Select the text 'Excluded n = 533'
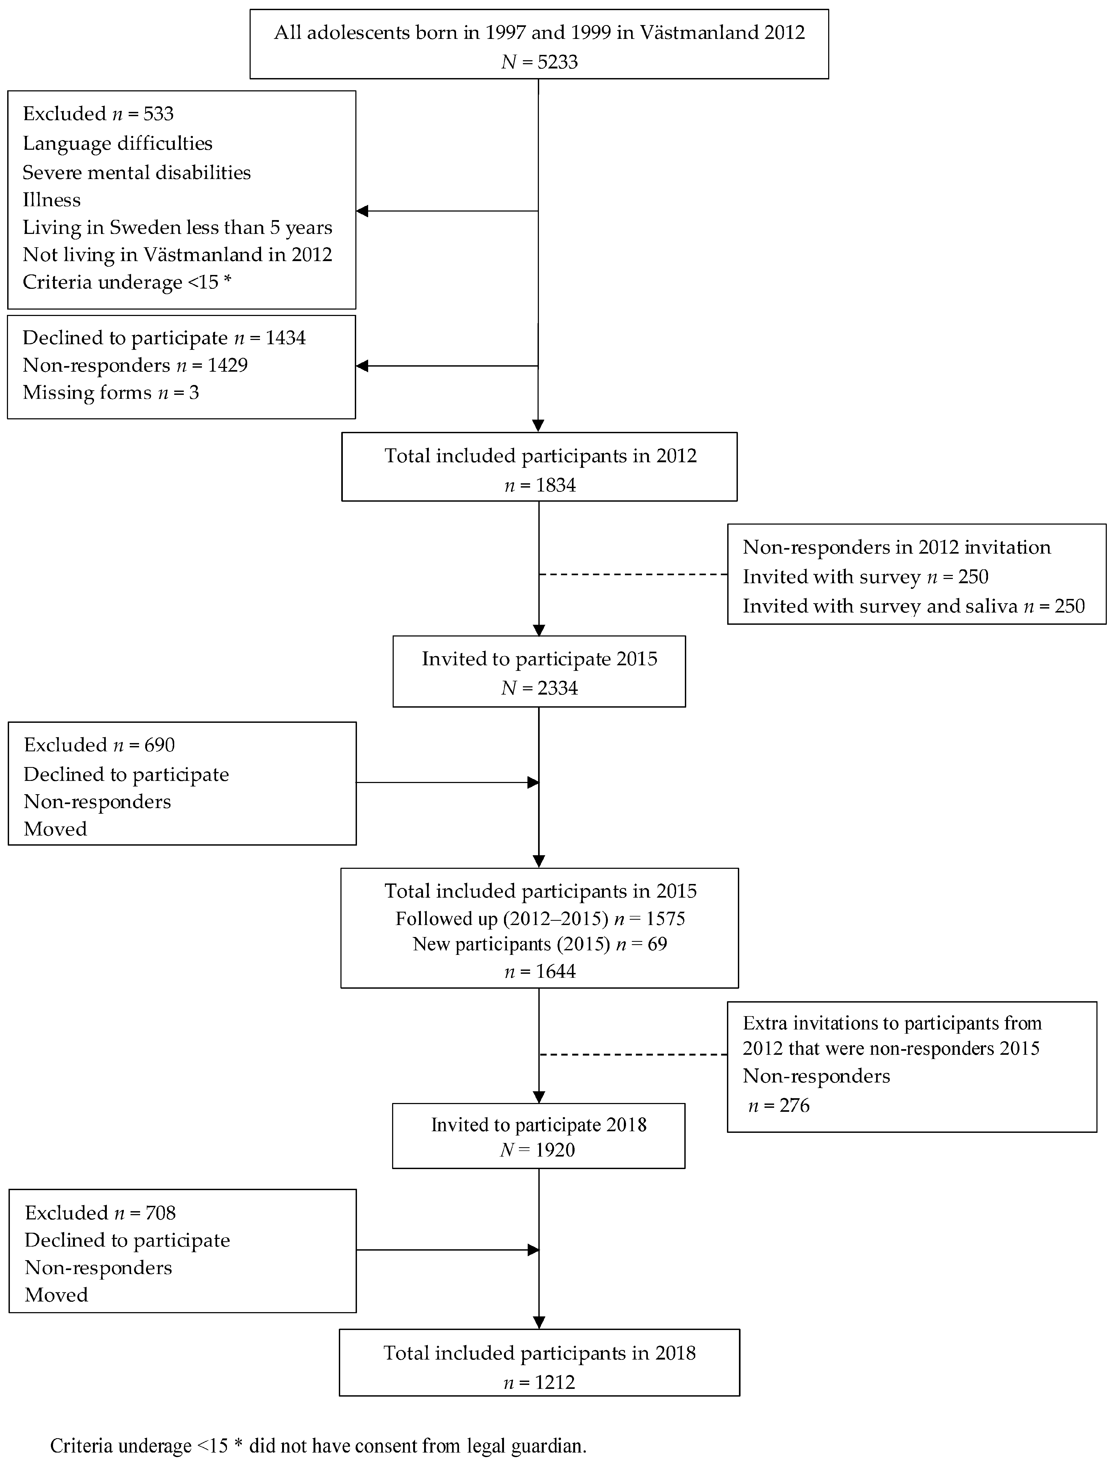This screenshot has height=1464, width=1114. [98, 113]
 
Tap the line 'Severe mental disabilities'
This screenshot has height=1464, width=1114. [137, 172]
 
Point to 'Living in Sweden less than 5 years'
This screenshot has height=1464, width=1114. [177, 228]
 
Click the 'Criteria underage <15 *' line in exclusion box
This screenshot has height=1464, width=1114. [127, 282]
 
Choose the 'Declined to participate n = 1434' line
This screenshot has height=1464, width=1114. [164, 338]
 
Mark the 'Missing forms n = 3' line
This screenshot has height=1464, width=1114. [111, 392]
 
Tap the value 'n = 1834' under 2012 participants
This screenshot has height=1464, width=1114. [540, 485]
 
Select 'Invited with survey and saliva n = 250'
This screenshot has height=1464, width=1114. [913, 606]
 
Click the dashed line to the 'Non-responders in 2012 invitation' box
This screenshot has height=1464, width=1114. [633, 574]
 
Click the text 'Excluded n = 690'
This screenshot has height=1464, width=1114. [99, 745]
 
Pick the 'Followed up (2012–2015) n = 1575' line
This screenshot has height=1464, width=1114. [540, 918]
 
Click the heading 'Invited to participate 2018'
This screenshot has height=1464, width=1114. [538, 1125]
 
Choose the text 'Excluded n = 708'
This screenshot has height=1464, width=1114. [100, 1213]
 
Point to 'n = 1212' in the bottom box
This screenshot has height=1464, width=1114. [539, 1382]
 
